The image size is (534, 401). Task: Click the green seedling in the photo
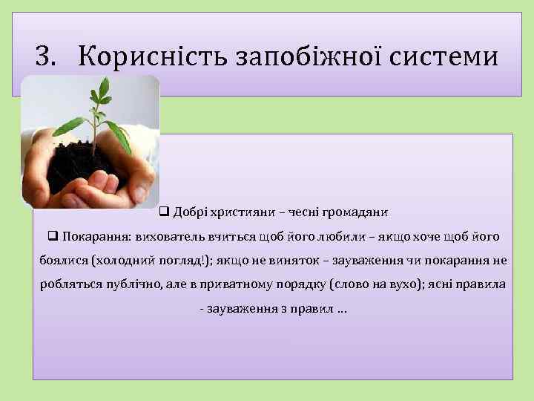96,111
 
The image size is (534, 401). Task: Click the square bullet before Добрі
165,212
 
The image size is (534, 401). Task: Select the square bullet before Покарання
53,237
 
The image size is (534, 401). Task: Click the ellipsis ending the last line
340,308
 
